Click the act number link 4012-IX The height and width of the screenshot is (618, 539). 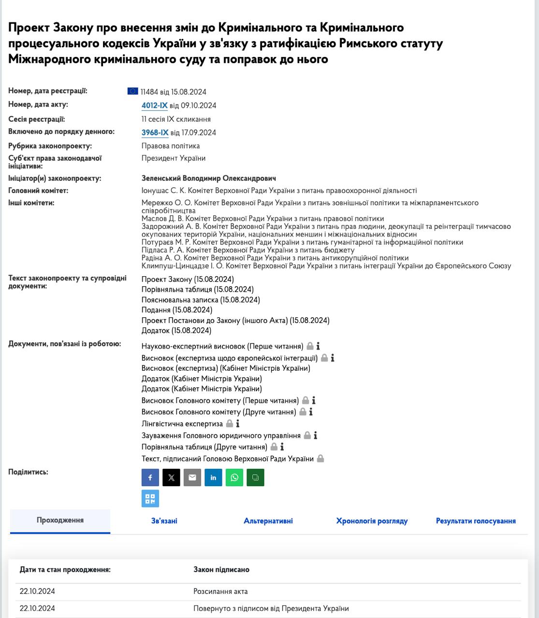pyautogui.click(x=154, y=106)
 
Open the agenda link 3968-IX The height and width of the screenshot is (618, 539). pyautogui.click(x=155, y=133)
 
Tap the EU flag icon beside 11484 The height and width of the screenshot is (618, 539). pyautogui.click(x=132, y=91)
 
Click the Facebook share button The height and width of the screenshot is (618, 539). pyautogui.click(x=150, y=478)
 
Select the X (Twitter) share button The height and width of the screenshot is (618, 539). pyautogui.click(x=171, y=478)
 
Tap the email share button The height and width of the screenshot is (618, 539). pyautogui.click(x=192, y=478)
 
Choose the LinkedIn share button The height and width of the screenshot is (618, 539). pyautogui.click(x=213, y=478)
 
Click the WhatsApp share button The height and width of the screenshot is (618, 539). pyautogui.click(x=234, y=478)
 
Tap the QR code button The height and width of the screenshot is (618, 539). pyautogui.click(x=150, y=499)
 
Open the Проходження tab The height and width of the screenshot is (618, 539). pyautogui.click(x=60, y=520)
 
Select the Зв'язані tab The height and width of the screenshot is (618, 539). pyautogui.click(x=164, y=521)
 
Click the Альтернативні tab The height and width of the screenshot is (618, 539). pyautogui.click(x=268, y=521)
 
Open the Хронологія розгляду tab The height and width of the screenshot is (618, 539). pyautogui.click(x=372, y=521)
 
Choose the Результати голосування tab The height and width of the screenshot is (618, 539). pyautogui.click(x=476, y=521)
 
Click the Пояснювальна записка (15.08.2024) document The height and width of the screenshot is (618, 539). pyautogui.click(x=201, y=300)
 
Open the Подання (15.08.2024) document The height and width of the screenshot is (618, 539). pyautogui.click(x=177, y=310)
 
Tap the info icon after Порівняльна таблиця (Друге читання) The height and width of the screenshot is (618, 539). pyautogui.click(x=282, y=447)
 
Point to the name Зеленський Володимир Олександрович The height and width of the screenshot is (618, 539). pyautogui.click(x=209, y=179)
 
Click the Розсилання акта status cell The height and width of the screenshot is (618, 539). pyautogui.click(x=220, y=591)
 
